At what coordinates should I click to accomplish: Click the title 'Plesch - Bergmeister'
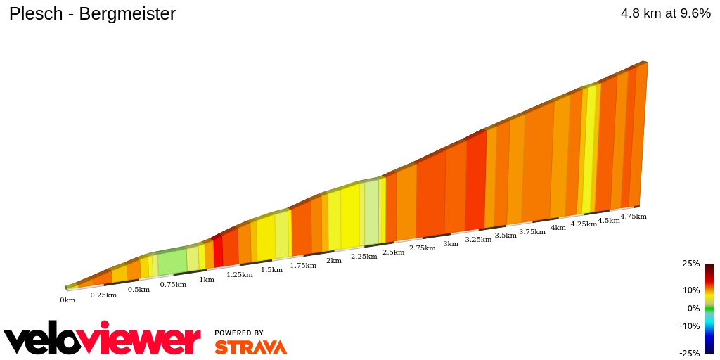[92, 14]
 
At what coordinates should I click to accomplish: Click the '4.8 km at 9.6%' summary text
[665, 13]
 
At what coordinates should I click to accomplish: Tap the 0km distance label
[67, 300]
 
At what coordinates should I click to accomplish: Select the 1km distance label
[207, 280]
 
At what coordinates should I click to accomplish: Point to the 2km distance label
[334, 261]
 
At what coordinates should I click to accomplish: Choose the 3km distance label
[451, 244]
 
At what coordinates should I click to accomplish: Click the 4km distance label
[558, 228]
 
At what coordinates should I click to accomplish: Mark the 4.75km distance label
[633, 217]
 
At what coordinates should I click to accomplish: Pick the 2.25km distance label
[364, 257]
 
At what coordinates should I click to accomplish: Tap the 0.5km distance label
[139, 290]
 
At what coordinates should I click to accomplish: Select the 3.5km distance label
[506, 236]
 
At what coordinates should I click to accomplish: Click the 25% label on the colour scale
[690, 264]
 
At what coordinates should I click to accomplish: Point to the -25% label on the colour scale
[690, 353]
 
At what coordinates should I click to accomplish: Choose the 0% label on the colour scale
[693, 308]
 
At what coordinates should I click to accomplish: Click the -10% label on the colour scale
[690, 326]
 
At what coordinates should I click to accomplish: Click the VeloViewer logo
[102, 340]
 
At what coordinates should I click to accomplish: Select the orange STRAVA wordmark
[250, 347]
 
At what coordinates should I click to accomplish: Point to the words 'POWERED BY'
[239, 333]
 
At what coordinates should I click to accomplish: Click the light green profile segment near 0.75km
[172, 262]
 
